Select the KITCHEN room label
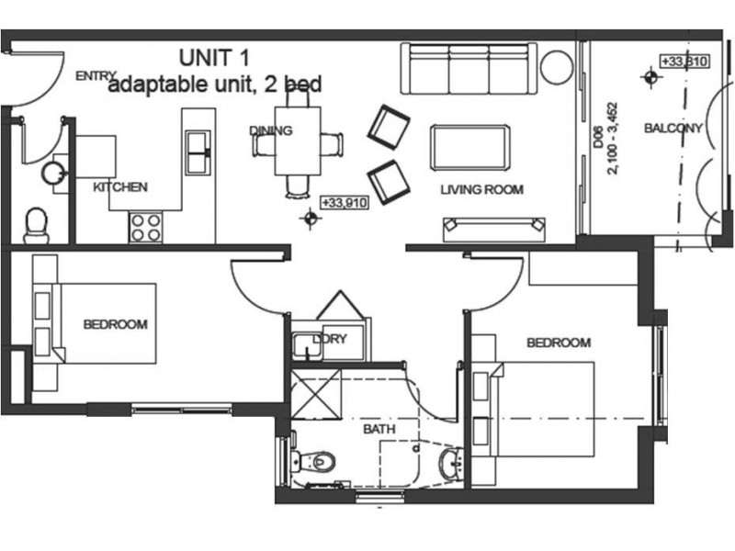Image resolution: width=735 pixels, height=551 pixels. (x=119, y=187)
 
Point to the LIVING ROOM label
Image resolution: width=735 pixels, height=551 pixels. (x=481, y=190)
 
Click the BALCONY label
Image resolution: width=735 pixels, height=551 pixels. (x=673, y=129)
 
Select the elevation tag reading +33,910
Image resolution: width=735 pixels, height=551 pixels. (x=345, y=203)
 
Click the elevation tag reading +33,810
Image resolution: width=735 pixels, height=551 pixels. (x=684, y=62)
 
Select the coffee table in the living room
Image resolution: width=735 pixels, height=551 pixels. (x=469, y=146)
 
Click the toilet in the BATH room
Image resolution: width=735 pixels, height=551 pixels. (x=314, y=460)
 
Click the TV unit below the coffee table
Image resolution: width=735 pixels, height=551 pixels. (x=493, y=225)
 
